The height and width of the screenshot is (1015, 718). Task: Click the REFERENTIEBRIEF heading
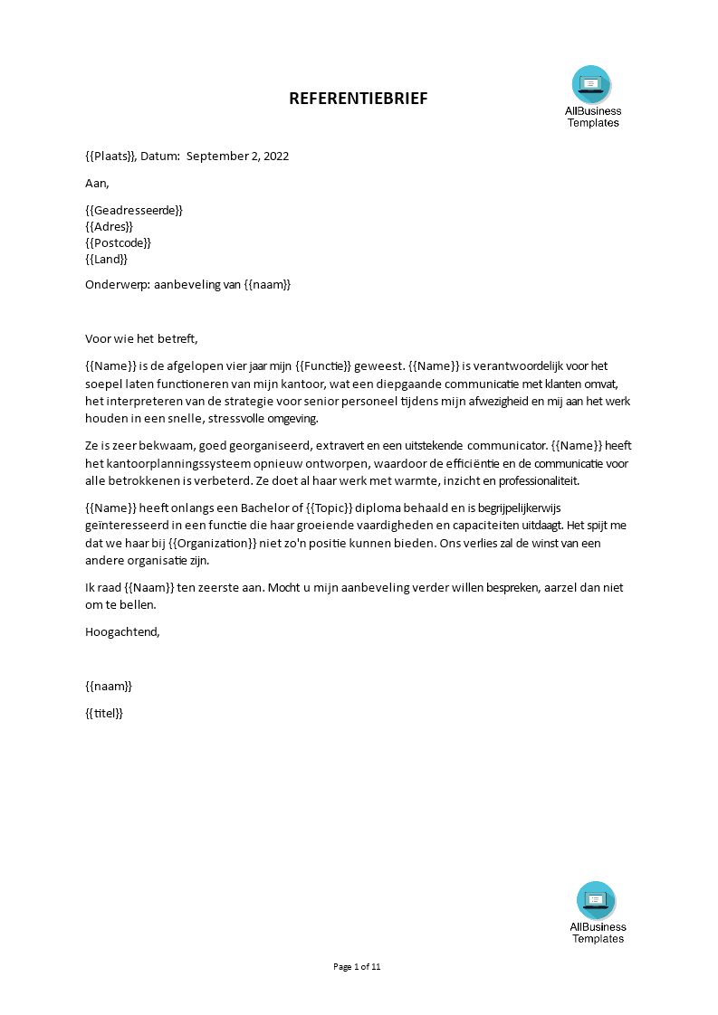358,99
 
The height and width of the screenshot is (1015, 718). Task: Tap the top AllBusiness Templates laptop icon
591,84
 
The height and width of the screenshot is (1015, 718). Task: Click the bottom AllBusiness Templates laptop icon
596,900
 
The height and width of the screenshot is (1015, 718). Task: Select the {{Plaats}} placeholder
110,156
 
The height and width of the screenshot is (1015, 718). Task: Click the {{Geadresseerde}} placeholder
134,210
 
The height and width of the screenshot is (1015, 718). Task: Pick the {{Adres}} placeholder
109,226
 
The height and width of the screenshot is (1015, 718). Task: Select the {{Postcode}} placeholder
118,242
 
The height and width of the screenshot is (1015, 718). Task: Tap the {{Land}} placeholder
107,259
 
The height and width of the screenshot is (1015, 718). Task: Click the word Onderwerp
117,285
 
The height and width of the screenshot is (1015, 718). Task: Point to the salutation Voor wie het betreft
140,339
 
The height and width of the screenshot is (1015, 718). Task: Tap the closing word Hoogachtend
122,631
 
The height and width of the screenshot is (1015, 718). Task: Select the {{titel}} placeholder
103,713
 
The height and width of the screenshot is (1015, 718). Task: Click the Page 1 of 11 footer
358,967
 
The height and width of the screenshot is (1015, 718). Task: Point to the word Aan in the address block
96,183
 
